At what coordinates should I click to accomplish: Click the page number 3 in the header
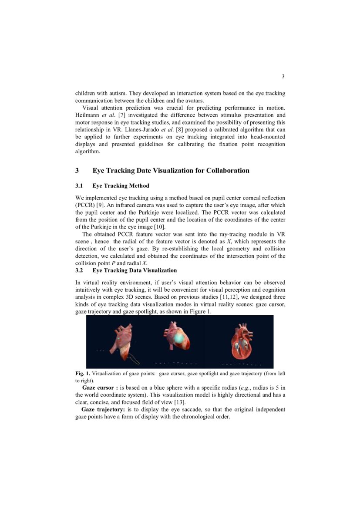pyautogui.click(x=283, y=77)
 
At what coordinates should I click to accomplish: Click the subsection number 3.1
pyautogui.click(x=80, y=186)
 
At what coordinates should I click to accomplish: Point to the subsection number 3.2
pyautogui.click(x=80, y=270)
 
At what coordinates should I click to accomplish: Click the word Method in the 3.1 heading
pyautogui.click(x=138, y=186)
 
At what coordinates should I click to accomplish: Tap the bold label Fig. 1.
pyautogui.click(x=83, y=374)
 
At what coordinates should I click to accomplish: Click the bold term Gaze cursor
pyautogui.click(x=100, y=388)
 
